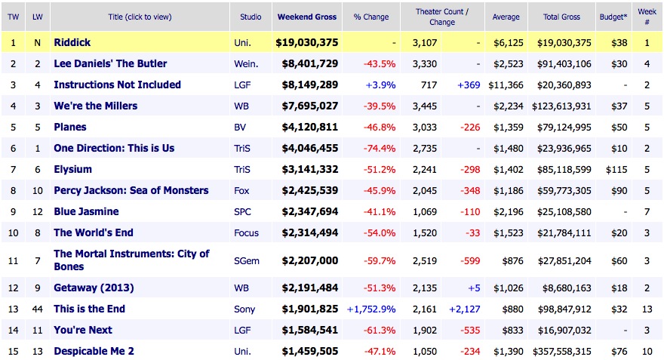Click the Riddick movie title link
click(72, 42)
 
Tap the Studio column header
click(251, 16)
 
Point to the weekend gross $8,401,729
click(310, 63)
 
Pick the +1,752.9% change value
click(371, 309)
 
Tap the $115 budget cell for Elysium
click(618, 169)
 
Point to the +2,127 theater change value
click(465, 309)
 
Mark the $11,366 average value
click(506, 85)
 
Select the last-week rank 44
click(36, 309)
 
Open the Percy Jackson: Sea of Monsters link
click(131, 190)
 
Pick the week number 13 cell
click(647, 309)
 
